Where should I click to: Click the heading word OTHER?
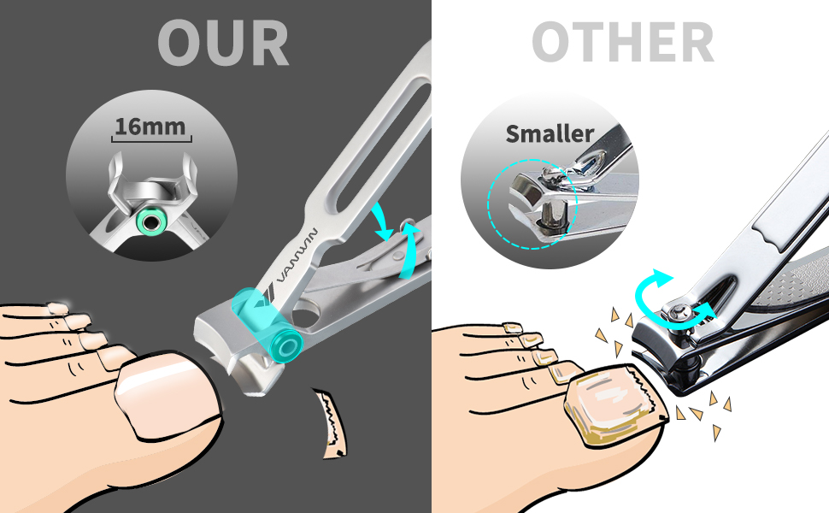coord(622,42)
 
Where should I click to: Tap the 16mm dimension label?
coord(150,127)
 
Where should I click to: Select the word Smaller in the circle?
coord(550,134)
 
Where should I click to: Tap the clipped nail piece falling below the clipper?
coord(331,422)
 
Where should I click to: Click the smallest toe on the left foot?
coord(57,309)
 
